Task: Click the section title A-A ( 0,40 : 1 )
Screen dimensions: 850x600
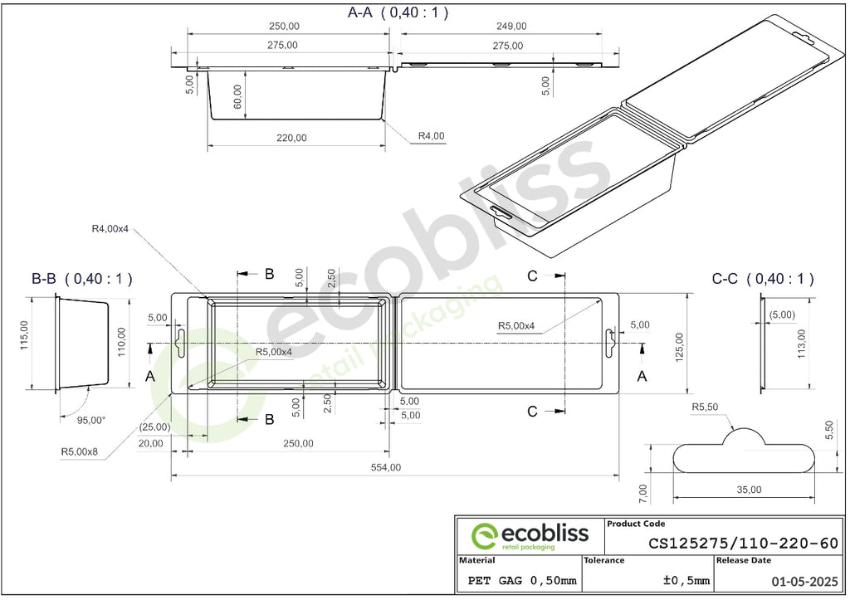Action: click(x=398, y=12)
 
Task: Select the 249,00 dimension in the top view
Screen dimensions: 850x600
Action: click(x=511, y=26)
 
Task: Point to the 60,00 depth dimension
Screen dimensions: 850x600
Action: click(x=238, y=97)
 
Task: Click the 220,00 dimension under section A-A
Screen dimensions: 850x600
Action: click(x=291, y=138)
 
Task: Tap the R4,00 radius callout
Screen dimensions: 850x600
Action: click(x=431, y=135)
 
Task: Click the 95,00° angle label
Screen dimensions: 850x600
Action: click(x=91, y=420)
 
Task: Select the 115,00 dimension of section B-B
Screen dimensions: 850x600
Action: click(x=24, y=335)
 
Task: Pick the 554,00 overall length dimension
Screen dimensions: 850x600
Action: click(x=386, y=467)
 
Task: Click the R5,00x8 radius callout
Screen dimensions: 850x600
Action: click(x=79, y=451)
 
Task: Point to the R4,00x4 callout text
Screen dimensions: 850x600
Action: click(x=110, y=229)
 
